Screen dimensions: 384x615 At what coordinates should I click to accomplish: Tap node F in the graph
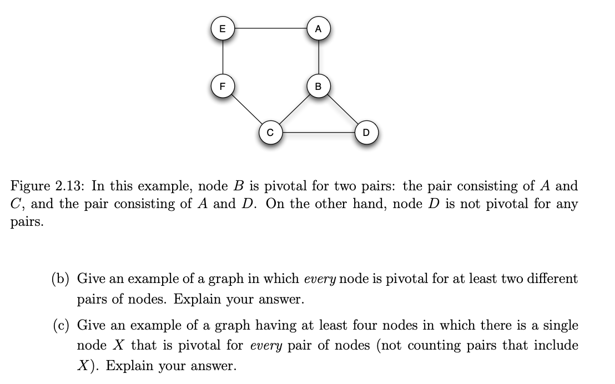[x=223, y=87]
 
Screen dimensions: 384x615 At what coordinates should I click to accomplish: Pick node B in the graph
[x=318, y=87]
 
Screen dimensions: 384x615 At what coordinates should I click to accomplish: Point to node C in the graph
[x=270, y=133]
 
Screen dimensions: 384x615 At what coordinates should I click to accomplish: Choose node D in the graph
[x=366, y=133]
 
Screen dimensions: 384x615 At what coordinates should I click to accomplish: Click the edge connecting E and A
[x=270, y=26]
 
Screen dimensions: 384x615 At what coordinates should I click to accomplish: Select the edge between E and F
[x=223, y=58]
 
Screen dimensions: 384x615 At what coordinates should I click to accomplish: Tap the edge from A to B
[x=318, y=58]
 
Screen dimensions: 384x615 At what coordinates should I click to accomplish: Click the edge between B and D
[x=342, y=109]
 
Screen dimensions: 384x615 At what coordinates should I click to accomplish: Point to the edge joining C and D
[x=318, y=132]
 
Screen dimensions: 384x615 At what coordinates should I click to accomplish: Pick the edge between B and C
[x=294, y=109]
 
